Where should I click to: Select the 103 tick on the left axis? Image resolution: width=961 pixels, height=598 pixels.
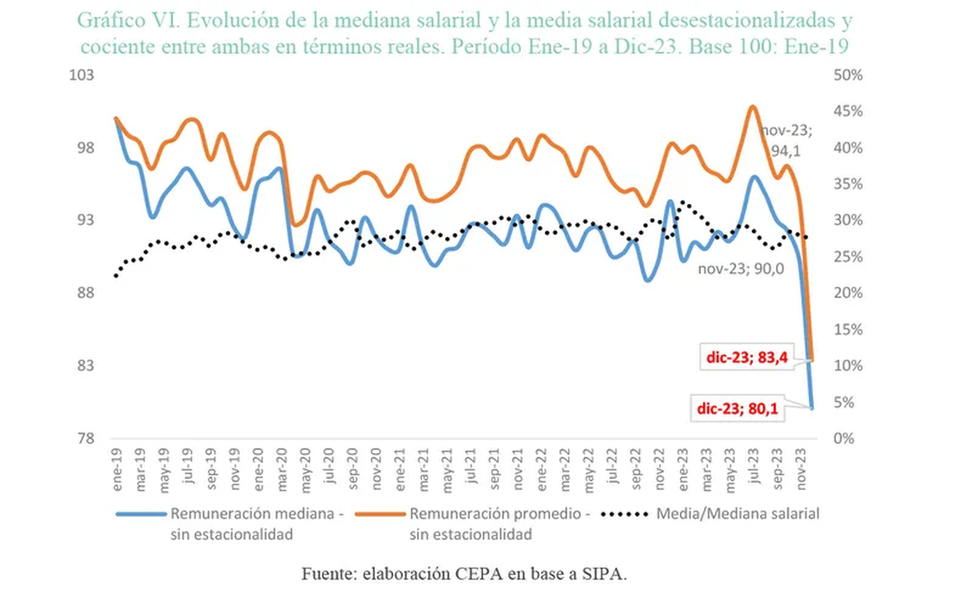pyautogui.click(x=83, y=74)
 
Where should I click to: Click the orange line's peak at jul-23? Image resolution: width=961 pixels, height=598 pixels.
pyautogui.click(x=752, y=106)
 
